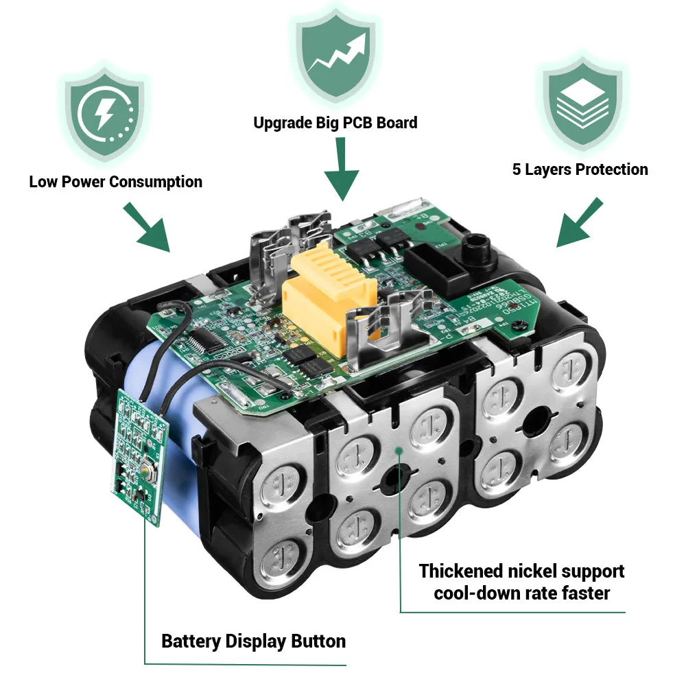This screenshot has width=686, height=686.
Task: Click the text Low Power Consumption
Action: [115, 182]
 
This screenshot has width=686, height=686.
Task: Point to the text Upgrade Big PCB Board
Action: [335, 123]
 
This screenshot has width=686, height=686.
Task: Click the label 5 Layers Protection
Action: [580, 169]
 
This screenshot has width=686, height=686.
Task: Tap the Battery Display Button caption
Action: [253, 642]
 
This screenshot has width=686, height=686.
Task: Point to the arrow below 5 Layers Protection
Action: [579, 223]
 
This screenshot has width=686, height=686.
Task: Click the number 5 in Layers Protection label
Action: [517, 169]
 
